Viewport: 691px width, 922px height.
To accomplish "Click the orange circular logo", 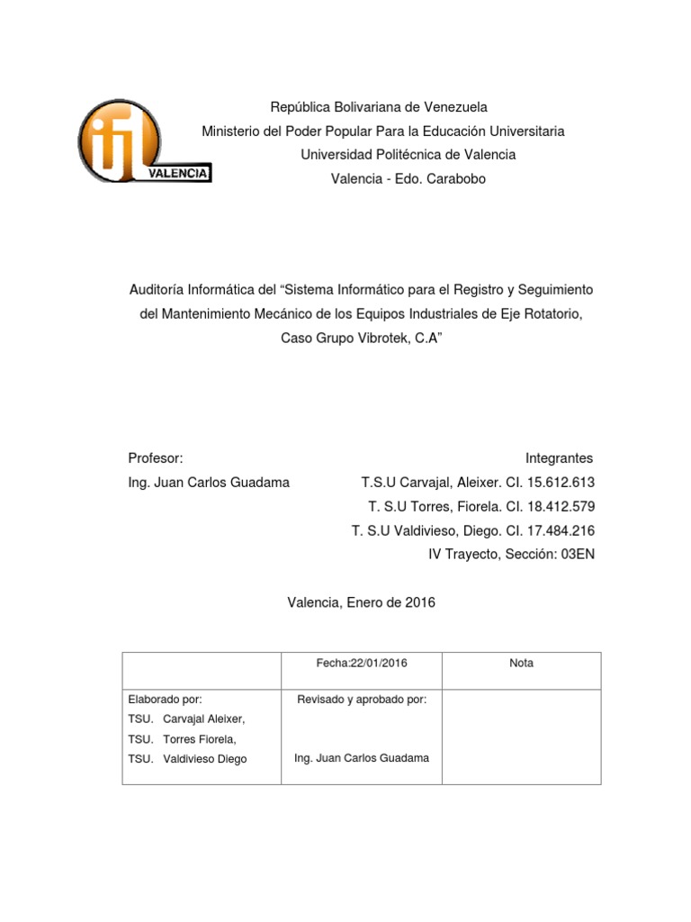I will (x=120, y=139).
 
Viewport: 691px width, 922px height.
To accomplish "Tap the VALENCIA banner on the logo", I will (x=179, y=172).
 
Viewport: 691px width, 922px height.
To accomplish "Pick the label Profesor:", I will (x=156, y=458).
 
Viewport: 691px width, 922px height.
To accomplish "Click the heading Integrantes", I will (x=560, y=458).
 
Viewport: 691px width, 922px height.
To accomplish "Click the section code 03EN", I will (x=577, y=555).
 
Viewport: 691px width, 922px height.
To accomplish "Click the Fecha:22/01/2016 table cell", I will (x=362, y=664).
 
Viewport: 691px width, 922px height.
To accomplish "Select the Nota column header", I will (x=521, y=664).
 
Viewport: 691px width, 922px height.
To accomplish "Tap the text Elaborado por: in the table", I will (x=166, y=699).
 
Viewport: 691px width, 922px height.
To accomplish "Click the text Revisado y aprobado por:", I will (x=362, y=699).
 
